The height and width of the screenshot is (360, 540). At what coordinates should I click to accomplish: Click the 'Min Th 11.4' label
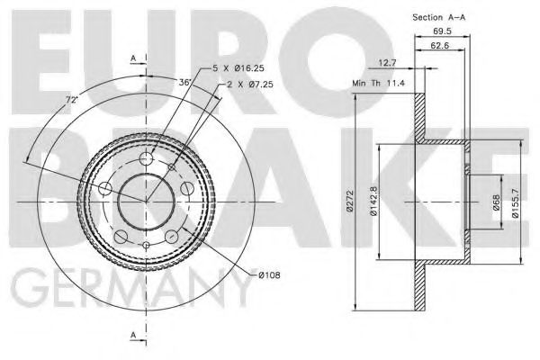point(377,84)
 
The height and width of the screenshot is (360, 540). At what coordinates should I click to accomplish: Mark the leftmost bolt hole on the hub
point(105,188)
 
